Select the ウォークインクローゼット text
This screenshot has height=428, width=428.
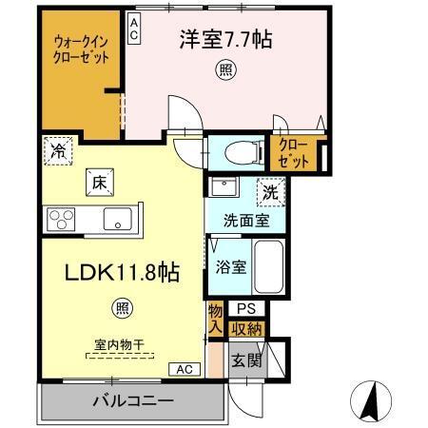pyautogui.click(x=80, y=49)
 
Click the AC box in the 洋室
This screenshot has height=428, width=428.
pyautogui.click(x=134, y=29)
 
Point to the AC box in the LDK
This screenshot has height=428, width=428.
pyautogui.click(x=184, y=369)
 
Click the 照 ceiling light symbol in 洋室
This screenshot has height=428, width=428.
pyautogui.click(x=224, y=69)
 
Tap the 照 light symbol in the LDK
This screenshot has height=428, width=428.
pyautogui.click(x=123, y=307)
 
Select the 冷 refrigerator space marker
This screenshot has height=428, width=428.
pyautogui.click(x=58, y=151)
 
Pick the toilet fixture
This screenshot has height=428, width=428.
pyautogui.click(x=238, y=150)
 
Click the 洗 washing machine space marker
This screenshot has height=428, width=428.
pyautogui.click(x=272, y=190)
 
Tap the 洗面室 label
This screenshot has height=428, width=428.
pyautogui.click(x=244, y=221)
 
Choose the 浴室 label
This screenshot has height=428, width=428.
pyautogui.click(x=231, y=267)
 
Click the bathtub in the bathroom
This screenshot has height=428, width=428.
pyautogui.click(x=269, y=266)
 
